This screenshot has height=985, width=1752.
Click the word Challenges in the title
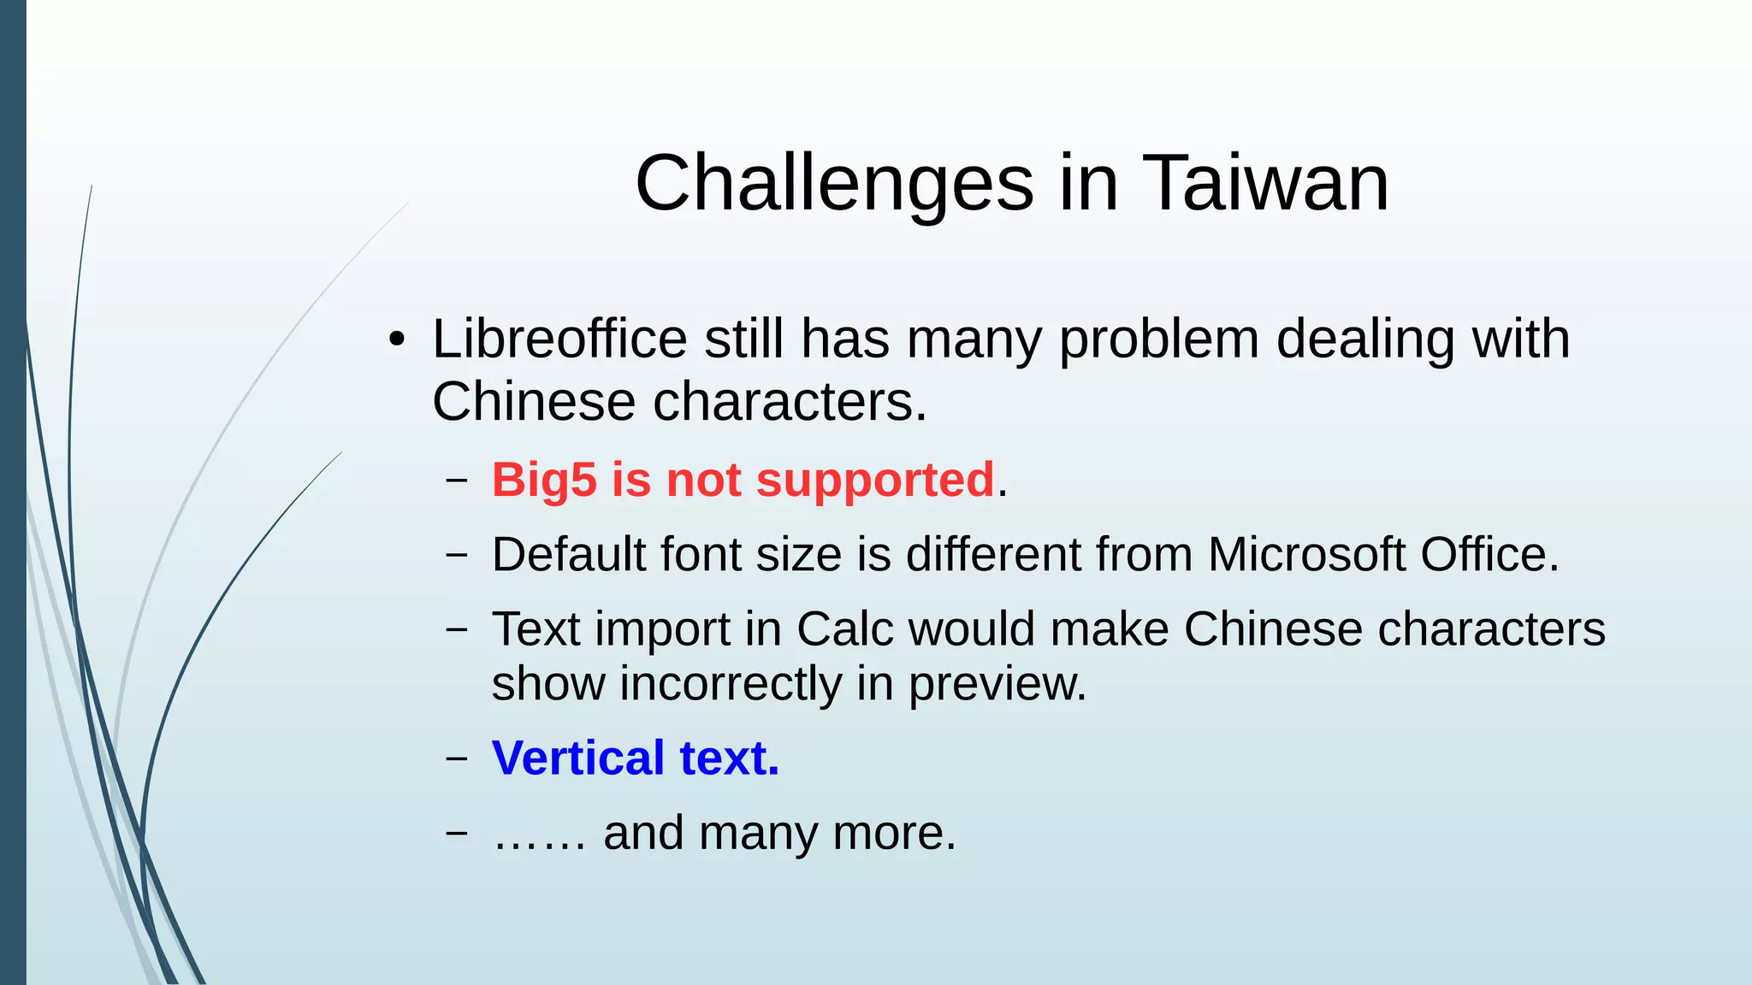(x=834, y=183)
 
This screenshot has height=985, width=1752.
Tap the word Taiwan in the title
(x=1265, y=183)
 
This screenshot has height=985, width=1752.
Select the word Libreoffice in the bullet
(x=559, y=339)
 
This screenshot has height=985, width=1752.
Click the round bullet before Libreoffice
(x=395, y=340)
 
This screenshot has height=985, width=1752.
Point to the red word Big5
(x=543, y=480)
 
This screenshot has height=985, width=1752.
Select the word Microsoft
(x=1306, y=554)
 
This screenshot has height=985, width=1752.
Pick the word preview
(x=997, y=684)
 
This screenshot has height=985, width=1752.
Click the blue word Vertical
(x=577, y=758)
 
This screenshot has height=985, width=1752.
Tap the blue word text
(x=729, y=758)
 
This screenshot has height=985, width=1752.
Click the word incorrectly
(x=731, y=684)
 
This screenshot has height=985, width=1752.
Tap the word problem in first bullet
(x=1158, y=340)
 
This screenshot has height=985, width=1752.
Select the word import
(x=663, y=630)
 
